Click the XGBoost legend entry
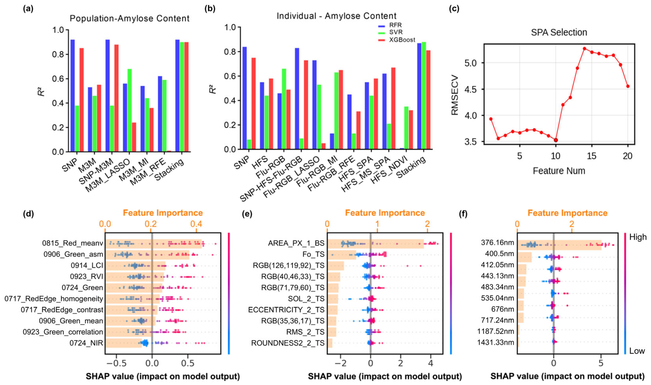click(x=402, y=40)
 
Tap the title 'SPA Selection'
click(x=559, y=32)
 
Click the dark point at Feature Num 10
click(x=556, y=140)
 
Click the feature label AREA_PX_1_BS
click(x=296, y=243)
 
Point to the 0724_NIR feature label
click(x=86, y=343)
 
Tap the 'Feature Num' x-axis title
click(x=559, y=171)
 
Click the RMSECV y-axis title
click(x=455, y=95)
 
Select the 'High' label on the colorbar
click(x=638, y=237)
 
